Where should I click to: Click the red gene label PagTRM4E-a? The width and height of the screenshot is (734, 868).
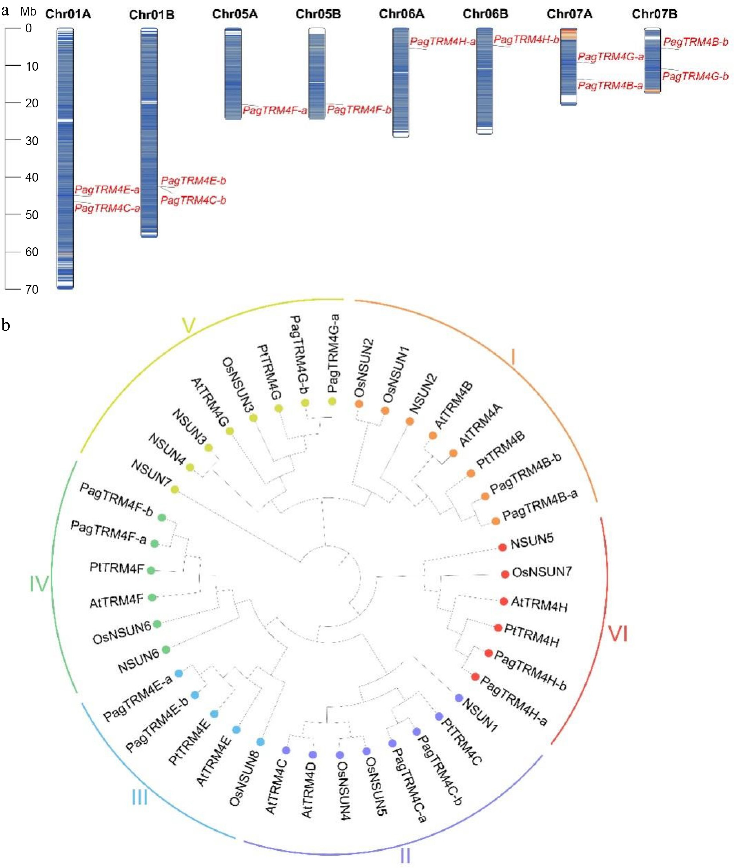107,190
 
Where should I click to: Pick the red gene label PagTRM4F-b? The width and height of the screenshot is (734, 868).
359,110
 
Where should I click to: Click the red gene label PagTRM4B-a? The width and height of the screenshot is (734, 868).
610,86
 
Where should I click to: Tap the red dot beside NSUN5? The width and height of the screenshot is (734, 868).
502,547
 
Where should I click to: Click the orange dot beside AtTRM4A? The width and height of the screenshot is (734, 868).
453,453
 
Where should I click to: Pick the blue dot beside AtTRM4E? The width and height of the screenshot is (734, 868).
236,730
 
